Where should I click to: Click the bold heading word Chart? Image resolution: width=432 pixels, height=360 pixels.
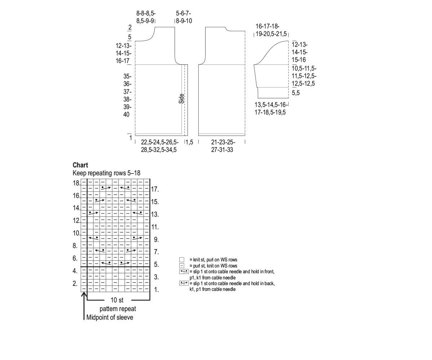(80, 165)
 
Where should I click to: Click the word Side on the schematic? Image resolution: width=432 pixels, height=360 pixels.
(181, 99)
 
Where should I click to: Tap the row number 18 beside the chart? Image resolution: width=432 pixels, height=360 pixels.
(76, 183)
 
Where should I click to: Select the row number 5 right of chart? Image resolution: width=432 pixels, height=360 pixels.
(156, 265)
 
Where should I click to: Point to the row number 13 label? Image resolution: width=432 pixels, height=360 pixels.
(155, 215)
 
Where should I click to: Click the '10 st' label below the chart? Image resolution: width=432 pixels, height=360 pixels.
(117, 300)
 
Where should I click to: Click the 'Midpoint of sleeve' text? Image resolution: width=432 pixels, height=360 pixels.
(109, 318)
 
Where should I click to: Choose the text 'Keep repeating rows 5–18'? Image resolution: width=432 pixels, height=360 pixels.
(107, 173)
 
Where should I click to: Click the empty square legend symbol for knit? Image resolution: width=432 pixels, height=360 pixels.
(182, 260)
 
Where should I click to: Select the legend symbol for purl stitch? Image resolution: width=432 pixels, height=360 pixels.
(182, 266)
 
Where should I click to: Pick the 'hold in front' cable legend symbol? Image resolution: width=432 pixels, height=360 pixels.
(184, 271)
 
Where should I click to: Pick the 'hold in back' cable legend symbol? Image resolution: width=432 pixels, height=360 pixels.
(184, 283)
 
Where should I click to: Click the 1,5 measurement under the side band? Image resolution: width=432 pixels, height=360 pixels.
(189, 143)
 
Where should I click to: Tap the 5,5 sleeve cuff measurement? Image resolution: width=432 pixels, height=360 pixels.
(296, 93)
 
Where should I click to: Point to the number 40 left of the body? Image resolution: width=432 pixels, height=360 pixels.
(126, 115)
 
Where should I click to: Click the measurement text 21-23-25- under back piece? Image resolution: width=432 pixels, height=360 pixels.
(222, 142)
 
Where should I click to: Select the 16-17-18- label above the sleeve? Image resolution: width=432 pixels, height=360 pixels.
(267, 26)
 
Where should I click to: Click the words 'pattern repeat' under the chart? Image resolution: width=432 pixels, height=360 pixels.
(118, 309)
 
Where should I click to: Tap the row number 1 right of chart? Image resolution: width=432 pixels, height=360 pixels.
(156, 289)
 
